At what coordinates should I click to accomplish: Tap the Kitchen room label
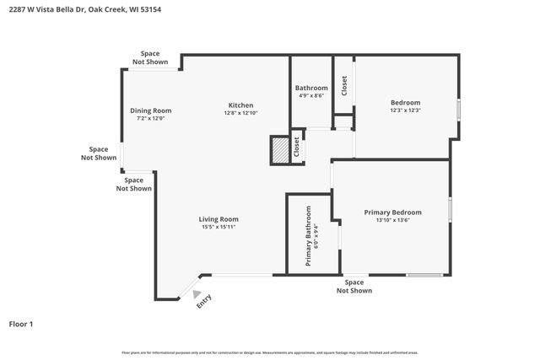(x=240, y=105)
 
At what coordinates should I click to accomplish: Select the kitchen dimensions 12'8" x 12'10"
(x=240, y=113)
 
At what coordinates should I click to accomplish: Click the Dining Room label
(x=150, y=110)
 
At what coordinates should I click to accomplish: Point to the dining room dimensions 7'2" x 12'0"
(x=150, y=118)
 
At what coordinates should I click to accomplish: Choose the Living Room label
(x=219, y=219)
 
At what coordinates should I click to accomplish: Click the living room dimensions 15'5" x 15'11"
(x=219, y=227)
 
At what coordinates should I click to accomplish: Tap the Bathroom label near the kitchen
(x=311, y=88)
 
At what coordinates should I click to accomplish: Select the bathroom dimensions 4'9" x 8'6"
(x=311, y=96)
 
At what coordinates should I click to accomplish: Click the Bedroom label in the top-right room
(x=405, y=102)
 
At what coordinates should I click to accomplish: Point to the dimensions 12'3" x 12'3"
(x=405, y=110)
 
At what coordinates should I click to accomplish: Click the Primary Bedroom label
(x=392, y=212)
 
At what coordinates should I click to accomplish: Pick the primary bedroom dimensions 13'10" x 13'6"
(x=392, y=220)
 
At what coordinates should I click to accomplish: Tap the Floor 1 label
(x=21, y=324)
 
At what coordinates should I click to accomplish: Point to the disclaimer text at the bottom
(x=269, y=352)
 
